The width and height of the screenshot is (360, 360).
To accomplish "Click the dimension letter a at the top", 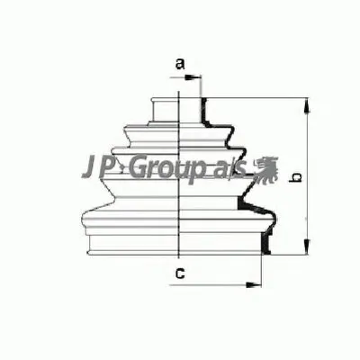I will point(179,64).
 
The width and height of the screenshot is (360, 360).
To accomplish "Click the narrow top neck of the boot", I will point(165,106).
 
